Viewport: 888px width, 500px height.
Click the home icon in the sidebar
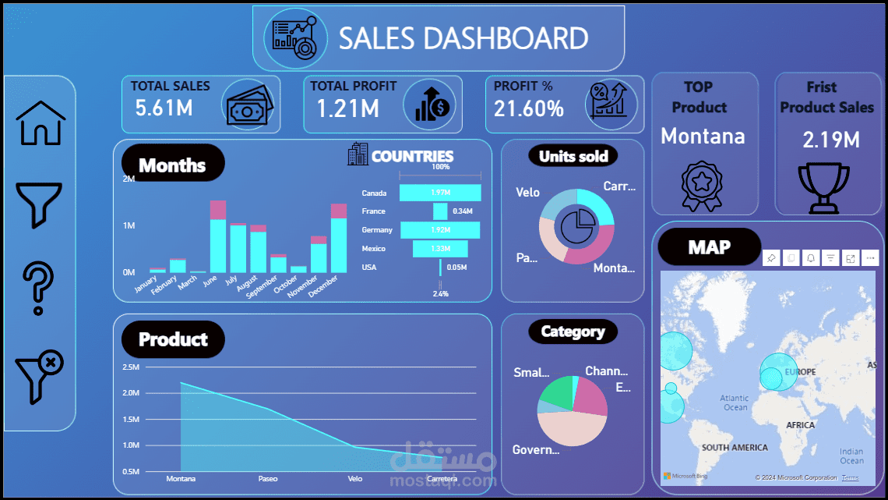41,123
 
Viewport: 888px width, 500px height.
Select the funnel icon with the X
39,377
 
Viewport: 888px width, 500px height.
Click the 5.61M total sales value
164,108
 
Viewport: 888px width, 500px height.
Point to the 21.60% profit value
529,108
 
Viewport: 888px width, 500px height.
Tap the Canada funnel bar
440,193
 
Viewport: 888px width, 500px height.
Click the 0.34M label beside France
463,211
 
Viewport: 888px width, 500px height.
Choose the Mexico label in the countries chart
374,249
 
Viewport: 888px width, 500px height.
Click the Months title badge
173,165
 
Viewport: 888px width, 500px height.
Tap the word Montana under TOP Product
703,137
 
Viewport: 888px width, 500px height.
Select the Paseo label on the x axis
267,478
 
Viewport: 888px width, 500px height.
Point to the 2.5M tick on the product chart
131,367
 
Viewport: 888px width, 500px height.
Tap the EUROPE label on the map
800,372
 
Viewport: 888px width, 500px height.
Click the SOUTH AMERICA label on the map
734,448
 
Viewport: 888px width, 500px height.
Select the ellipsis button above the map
870,258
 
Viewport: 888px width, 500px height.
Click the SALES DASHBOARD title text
463,38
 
